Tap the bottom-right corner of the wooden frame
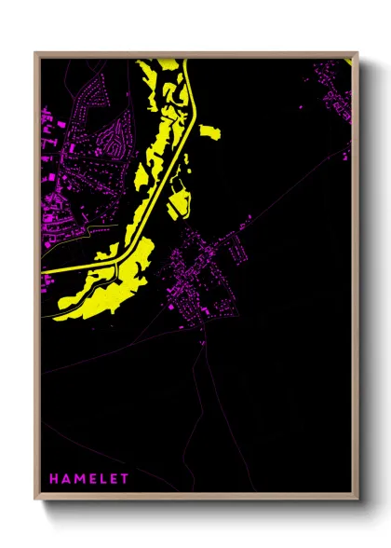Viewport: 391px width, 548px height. (357, 502)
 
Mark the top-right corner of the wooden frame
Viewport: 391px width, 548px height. (357, 52)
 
